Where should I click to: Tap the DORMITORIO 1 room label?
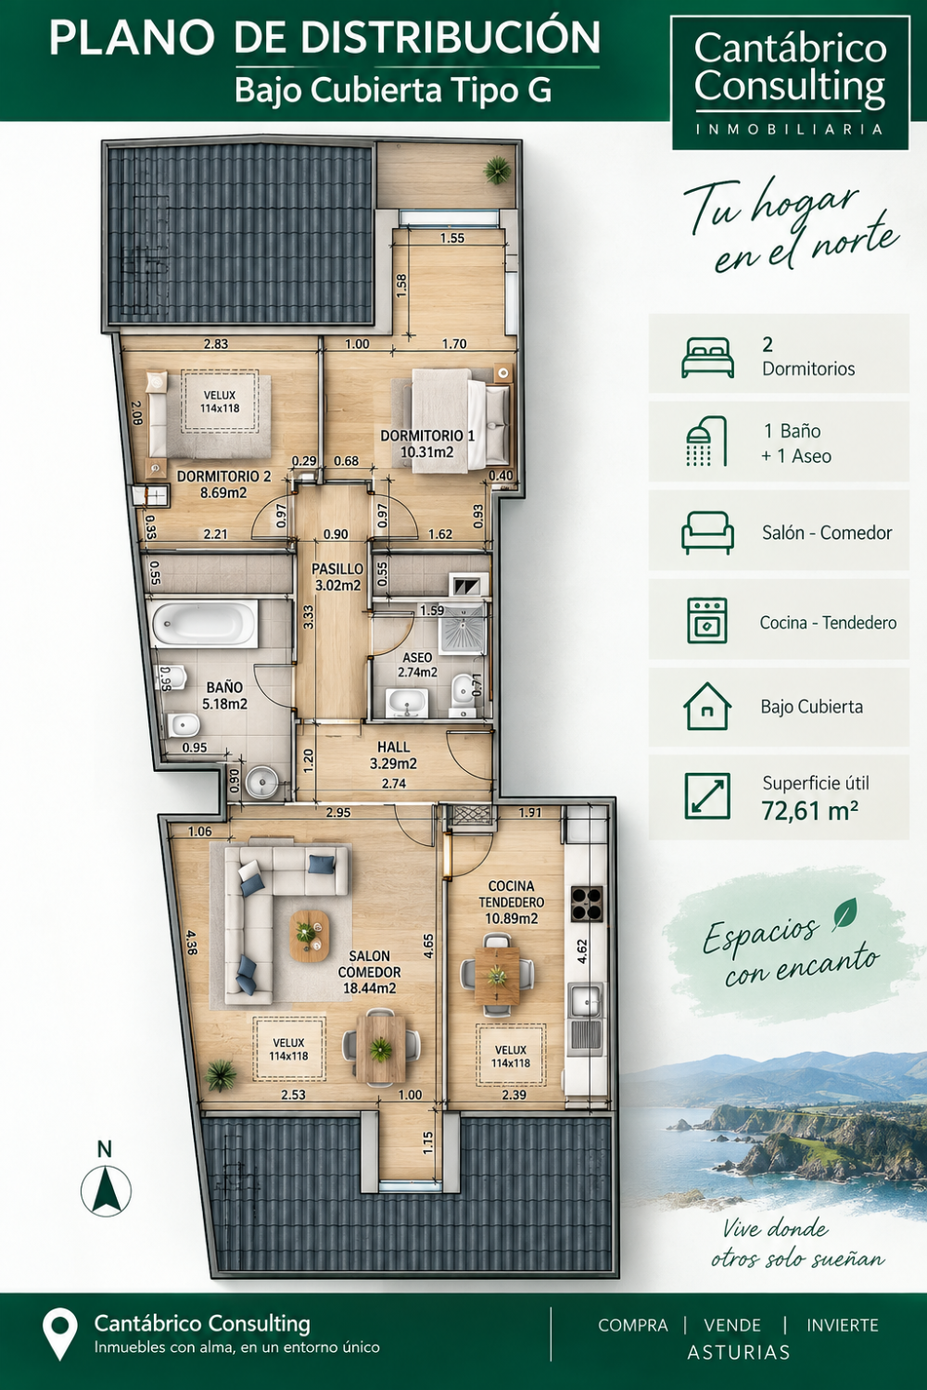coord(427,444)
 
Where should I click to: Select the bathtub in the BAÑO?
coord(205,623)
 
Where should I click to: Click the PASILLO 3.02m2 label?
coord(337,577)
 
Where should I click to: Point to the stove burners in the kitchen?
coord(587,904)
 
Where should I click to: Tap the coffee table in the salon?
coord(310,936)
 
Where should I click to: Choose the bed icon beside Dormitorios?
coord(707,358)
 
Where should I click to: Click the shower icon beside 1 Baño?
coord(706,440)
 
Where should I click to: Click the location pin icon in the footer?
coord(60,1334)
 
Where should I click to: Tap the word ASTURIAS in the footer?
coord(739,1352)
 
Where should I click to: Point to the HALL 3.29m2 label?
coord(394,755)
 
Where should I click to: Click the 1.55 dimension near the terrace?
coord(452,237)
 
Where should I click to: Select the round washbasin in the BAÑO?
coord(261,782)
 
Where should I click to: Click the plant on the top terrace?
coord(498,170)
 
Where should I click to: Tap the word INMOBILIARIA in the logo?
coord(790,129)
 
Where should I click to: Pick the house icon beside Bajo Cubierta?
coord(707,706)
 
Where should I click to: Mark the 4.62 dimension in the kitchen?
coord(582,952)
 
